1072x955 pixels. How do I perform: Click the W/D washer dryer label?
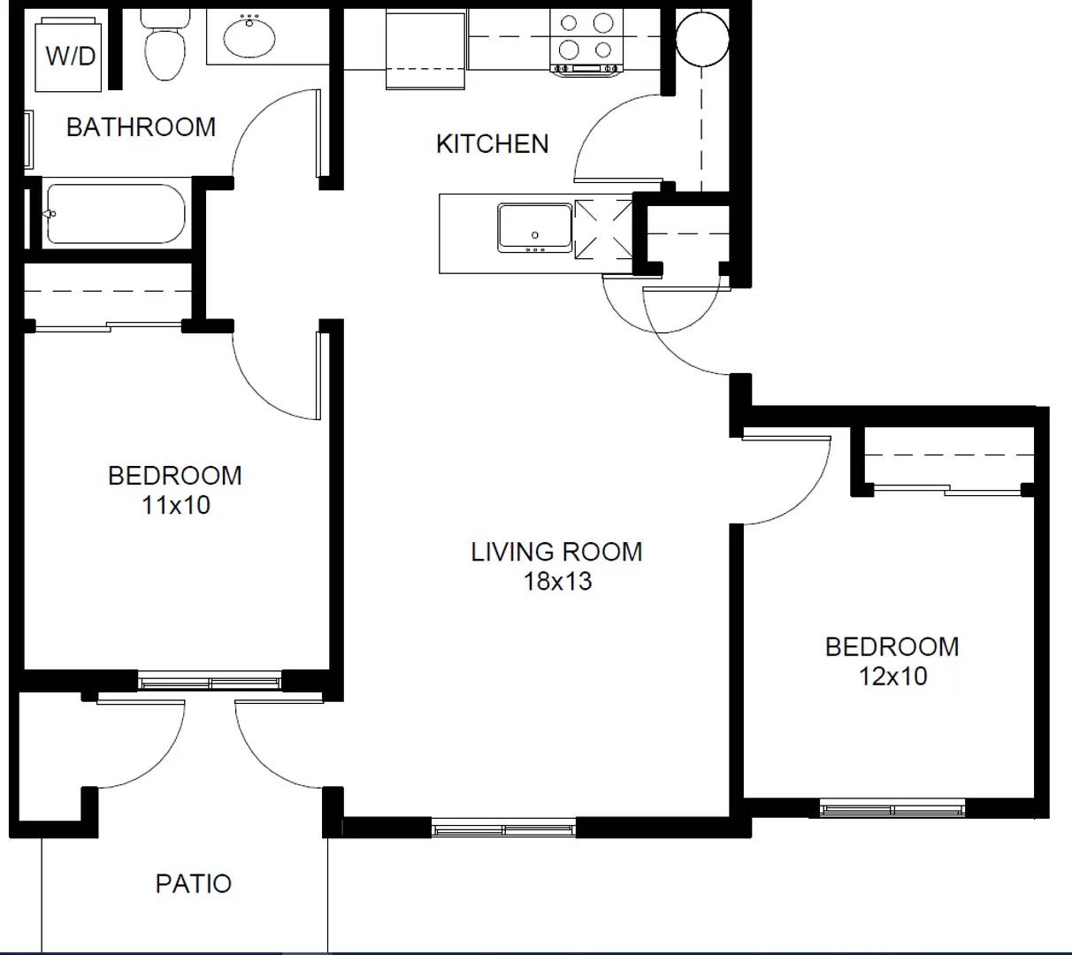coord(71,56)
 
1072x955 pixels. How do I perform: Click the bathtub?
coord(116,214)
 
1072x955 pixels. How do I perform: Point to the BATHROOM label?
coord(142,127)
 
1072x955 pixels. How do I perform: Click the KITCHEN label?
coord(492,144)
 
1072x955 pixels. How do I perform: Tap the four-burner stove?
coord(586,42)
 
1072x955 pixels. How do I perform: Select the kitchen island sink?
coord(534,228)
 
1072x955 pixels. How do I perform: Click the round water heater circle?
coord(702,39)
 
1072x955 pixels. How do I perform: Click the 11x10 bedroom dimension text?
coord(176,505)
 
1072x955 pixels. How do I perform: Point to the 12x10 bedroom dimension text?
coord(892,676)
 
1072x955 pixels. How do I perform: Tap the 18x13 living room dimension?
coord(557,581)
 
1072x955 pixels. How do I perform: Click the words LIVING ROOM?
coord(556,552)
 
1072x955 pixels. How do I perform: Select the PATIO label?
coord(194,883)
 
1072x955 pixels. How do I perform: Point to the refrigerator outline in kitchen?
coord(425,50)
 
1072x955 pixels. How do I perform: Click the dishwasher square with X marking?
coord(603,230)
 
